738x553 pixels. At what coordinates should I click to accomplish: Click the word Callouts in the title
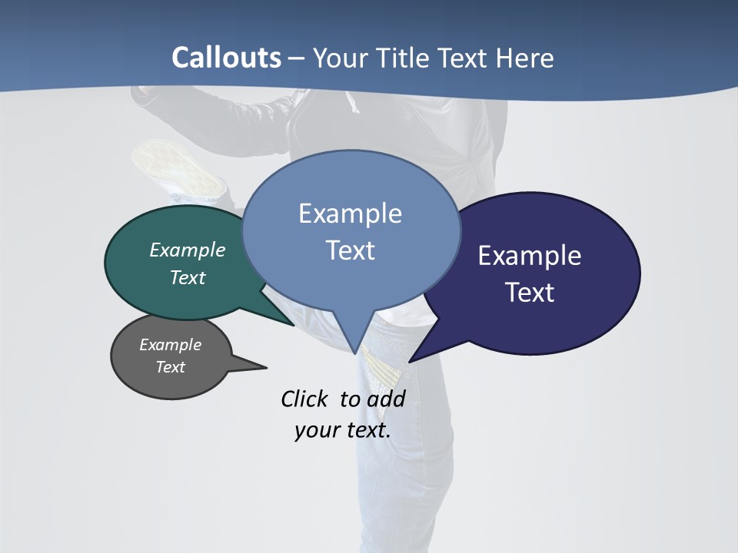pyautogui.click(x=227, y=58)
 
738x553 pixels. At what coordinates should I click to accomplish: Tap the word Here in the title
pyautogui.click(x=525, y=58)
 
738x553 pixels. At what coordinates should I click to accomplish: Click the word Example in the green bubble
pyautogui.click(x=188, y=250)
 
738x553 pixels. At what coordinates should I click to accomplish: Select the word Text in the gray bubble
pyautogui.click(x=171, y=367)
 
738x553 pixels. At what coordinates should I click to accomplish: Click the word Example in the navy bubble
pyautogui.click(x=530, y=256)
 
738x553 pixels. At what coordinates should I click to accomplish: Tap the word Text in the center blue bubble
pyautogui.click(x=351, y=250)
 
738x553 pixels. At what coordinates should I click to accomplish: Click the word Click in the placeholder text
pyautogui.click(x=304, y=399)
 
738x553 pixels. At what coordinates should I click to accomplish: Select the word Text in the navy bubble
pyautogui.click(x=530, y=293)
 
